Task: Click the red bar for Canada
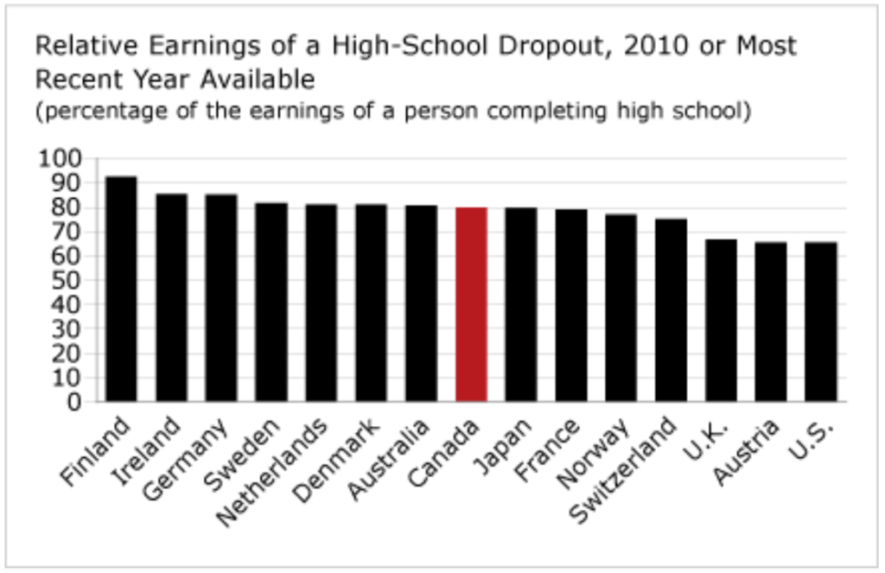[x=471, y=304]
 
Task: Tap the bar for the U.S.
[x=821, y=322]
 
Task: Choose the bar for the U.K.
[x=721, y=320]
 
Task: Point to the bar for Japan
[x=521, y=304]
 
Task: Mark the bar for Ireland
[x=171, y=297]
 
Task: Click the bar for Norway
[x=621, y=308]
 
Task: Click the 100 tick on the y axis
[x=60, y=159]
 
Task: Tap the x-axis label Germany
[x=187, y=458]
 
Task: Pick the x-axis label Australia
[x=389, y=459]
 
